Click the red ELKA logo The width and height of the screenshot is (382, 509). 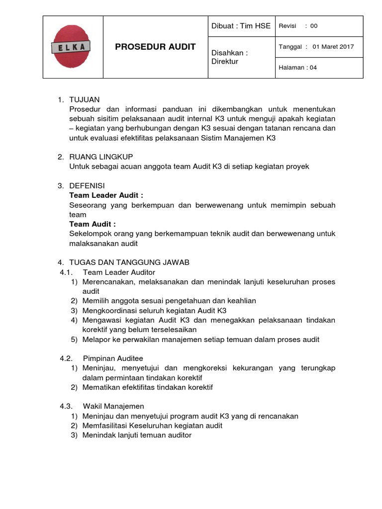(x=73, y=47)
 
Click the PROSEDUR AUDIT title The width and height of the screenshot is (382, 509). (x=155, y=47)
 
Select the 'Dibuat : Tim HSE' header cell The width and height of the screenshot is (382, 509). (x=241, y=26)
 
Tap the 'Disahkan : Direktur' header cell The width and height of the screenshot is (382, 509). (x=229, y=57)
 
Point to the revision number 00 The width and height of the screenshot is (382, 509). (x=313, y=26)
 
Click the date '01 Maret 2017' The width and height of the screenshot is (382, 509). (x=333, y=47)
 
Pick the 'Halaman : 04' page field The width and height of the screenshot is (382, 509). (x=297, y=68)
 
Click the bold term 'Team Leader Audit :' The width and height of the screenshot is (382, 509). (x=106, y=195)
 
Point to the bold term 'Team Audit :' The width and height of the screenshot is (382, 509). (x=93, y=224)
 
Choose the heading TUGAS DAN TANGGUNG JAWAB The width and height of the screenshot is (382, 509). (x=129, y=262)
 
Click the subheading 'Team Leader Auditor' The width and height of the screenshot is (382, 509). (x=119, y=272)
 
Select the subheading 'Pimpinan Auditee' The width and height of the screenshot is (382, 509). (x=113, y=358)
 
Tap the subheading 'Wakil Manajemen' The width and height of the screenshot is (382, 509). (x=113, y=406)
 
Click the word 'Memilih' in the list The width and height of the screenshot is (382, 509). (x=95, y=301)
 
